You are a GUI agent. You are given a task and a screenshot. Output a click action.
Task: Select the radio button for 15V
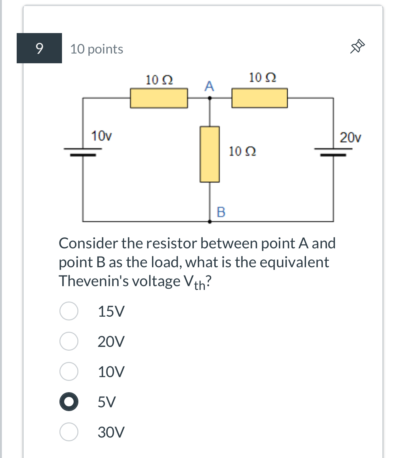[69, 311]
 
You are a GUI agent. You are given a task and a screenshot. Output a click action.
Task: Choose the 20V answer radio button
[69, 341]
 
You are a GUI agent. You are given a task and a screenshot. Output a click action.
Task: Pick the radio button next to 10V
[69, 371]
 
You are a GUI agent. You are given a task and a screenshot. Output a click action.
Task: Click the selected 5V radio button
[69, 402]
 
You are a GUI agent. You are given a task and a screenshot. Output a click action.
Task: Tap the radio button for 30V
[69, 432]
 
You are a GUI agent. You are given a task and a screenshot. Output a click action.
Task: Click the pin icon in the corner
[357, 47]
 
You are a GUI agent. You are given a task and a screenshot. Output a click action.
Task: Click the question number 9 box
[39, 48]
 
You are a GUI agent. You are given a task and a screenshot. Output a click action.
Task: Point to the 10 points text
[97, 49]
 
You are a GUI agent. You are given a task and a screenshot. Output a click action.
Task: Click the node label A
[209, 86]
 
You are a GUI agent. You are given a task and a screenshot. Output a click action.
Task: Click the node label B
[221, 212]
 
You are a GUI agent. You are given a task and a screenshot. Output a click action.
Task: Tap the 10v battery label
[101, 136]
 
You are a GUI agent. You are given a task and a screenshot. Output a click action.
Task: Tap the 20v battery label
[350, 138]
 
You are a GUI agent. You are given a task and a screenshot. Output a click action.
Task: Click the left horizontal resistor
[159, 98]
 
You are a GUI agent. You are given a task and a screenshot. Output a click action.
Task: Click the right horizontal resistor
[259, 98]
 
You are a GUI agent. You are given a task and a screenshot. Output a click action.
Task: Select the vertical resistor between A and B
[210, 154]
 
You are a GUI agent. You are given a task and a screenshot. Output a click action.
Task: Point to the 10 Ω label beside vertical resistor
[242, 151]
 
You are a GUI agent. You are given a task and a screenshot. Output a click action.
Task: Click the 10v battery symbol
[83, 152]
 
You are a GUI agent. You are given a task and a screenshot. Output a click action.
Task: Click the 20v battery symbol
[333, 152]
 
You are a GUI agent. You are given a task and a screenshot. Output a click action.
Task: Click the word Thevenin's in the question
[93, 281]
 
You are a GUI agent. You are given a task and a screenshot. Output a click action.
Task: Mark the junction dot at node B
[210, 222]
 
